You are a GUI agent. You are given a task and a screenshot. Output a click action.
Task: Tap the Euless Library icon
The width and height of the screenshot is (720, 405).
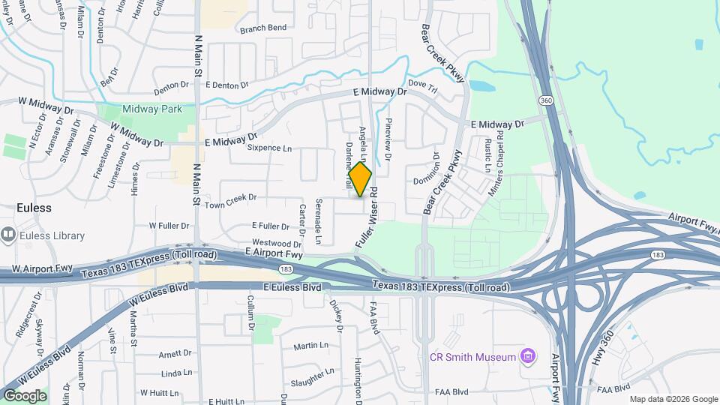tap(9, 235)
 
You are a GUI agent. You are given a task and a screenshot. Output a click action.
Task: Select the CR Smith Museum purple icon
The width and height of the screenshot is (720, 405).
tap(529, 355)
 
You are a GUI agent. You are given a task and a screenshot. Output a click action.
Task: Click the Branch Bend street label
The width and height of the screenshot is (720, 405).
tap(263, 28)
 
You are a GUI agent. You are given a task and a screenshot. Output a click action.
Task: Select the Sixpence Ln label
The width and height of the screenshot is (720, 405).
tap(268, 148)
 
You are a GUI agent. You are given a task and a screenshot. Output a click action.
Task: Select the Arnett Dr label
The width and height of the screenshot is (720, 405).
tap(175, 353)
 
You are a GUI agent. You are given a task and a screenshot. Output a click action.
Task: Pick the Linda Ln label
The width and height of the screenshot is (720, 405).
tap(177, 373)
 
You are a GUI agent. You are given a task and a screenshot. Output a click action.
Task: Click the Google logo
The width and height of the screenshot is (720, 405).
tap(25, 395)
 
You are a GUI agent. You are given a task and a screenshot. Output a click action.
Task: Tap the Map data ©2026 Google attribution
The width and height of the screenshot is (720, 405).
tap(673, 399)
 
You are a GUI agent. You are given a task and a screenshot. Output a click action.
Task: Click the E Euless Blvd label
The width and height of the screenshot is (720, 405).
tap(292, 287)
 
